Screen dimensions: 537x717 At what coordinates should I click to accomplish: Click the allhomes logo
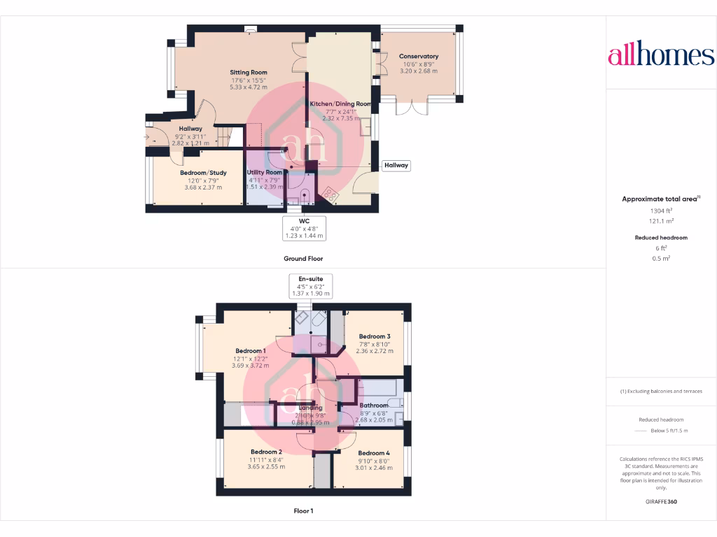point(661,55)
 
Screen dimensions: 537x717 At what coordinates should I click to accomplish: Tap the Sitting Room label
point(249,72)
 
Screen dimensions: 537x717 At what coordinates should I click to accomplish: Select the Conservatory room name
point(419,56)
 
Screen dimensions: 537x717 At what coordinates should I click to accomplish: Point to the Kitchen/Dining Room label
point(341,103)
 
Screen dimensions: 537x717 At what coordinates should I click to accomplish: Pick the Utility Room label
point(265,172)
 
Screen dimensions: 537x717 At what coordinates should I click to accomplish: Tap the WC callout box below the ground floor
point(305,228)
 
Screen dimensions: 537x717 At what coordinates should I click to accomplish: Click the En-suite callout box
point(310,286)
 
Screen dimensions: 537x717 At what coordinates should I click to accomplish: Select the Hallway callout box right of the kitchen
point(396,165)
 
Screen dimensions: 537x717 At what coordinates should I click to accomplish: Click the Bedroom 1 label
point(251,350)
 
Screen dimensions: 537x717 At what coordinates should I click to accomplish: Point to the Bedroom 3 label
point(375,336)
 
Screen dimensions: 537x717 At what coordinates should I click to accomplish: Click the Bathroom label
point(374,405)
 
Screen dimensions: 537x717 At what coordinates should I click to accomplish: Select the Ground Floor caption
point(303,258)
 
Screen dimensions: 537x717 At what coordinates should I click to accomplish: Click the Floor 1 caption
point(303,511)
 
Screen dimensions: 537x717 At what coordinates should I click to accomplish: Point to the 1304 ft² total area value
point(660,210)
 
